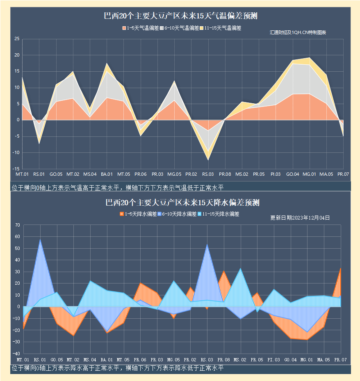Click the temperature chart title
[x=180, y=16]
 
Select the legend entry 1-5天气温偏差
[x=140, y=28]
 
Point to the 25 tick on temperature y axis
[x=17, y=39]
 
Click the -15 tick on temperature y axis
[x=16, y=168]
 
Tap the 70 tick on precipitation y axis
[x=17, y=225]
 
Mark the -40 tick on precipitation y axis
[x=16, y=353]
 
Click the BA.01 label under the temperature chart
[x=107, y=175]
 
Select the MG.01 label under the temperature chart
[x=309, y=175]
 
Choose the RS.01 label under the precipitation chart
[x=39, y=359]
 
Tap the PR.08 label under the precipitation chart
[x=223, y=359]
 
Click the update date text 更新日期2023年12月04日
[x=300, y=218]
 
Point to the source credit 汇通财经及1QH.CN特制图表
[x=298, y=32]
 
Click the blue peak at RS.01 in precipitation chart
[x=40, y=240]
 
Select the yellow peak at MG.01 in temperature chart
[x=310, y=58]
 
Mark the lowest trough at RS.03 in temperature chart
[x=208, y=159]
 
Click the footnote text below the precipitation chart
[x=118, y=368]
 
